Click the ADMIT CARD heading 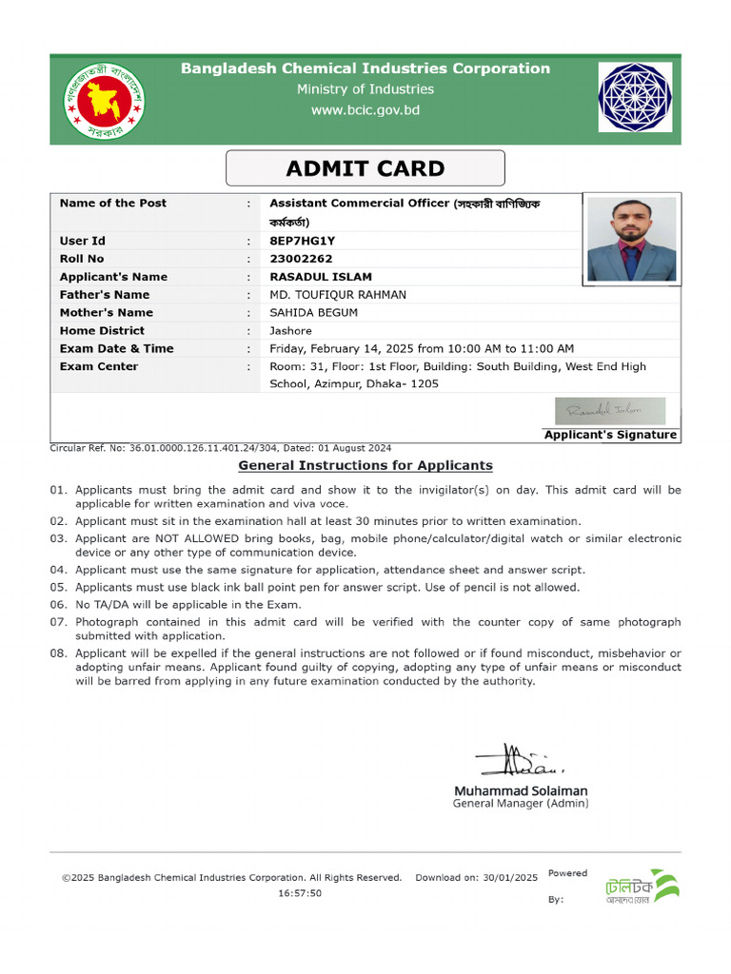click(x=365, y=169)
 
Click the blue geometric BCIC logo click(x=634, y=97)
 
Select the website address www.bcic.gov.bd click(x=365, y=110)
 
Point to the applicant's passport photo click(x=631, y=239)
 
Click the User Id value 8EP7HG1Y click(x=302, y=241)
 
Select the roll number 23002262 click(x=302, y=259)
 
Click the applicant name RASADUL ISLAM click(x=321, y=277)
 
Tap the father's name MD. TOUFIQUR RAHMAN click(x=338, y=295)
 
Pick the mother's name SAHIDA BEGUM click(x=313, y=313)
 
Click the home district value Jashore click(x=291, y=331)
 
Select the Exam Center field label click(x=99, y=366)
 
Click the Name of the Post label click(x=112, y=203)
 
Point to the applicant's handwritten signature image click(x=610, y=411)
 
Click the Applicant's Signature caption click(x=610, y=435)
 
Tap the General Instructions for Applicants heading click(x=365, y=465)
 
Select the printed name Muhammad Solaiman click(x=521, y=790)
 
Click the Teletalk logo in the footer click(x=642, y=886)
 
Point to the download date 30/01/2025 click(x=504, y=877)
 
